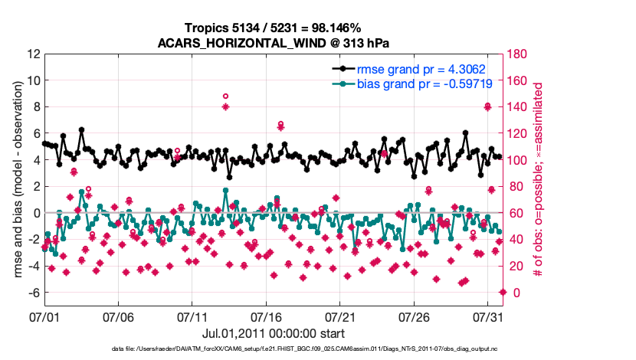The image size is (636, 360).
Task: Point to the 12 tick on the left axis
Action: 32,54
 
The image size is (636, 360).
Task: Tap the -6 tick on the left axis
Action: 32,293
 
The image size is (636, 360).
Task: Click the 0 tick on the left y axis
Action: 35,213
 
